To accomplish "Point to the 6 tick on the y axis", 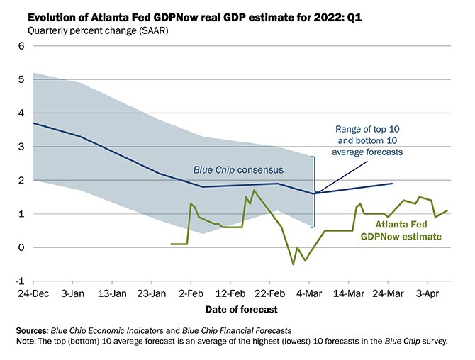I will [x=21, y=46].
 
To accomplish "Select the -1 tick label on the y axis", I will [x=19, y=281].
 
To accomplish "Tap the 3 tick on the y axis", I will [x=21, y=147].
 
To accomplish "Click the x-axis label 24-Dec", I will [x=34, y=293].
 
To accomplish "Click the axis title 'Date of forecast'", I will [x=241, y=310].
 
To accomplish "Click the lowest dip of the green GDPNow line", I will [x=294, y=264].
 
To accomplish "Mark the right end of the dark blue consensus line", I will [x=392, y=184].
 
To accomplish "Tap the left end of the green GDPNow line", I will [x=172, y=244].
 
